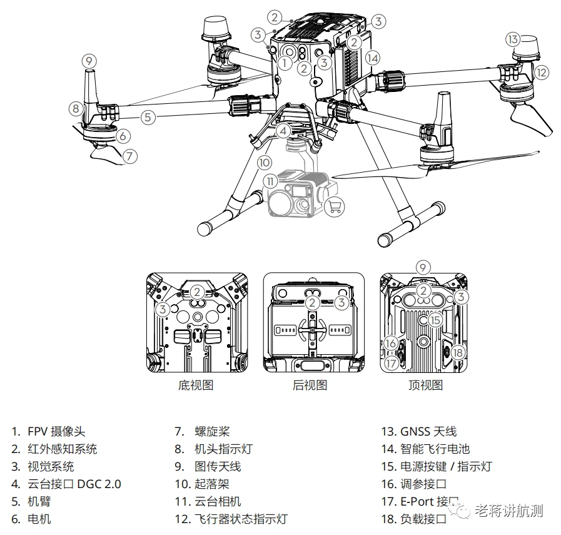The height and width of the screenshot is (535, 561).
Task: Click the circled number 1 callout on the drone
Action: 285,62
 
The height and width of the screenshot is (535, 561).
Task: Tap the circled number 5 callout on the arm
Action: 148,116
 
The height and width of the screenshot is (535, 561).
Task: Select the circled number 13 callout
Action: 512,39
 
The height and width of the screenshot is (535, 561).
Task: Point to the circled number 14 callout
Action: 373,58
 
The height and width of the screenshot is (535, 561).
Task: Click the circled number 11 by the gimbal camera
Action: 270,181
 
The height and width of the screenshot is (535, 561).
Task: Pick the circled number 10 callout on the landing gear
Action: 265,161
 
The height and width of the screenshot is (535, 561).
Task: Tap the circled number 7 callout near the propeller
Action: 129,156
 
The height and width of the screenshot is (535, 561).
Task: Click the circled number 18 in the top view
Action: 458,352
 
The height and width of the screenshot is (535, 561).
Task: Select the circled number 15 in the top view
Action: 435,320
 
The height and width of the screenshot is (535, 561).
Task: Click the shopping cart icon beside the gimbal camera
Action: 335,206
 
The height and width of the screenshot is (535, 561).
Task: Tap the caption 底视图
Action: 196,385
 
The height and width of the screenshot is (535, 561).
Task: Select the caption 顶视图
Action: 425,385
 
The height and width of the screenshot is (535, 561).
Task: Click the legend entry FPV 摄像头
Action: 56,431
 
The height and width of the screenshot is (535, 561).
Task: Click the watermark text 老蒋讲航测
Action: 508,511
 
